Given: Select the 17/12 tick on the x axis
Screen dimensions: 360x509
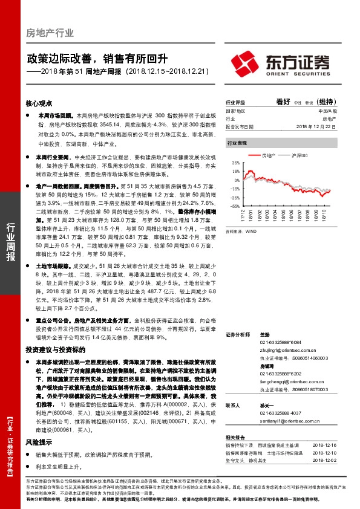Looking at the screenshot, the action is coord(242,215).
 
